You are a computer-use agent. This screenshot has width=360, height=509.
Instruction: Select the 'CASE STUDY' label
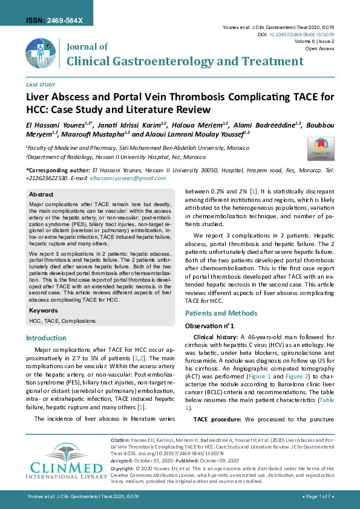pyautogui.click(x=41, y=85)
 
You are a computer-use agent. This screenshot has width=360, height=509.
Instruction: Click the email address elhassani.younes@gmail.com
pyautogui.click(x=124, y=179)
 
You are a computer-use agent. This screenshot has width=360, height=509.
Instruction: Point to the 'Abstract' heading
pyautogui.click(x=42, y=195)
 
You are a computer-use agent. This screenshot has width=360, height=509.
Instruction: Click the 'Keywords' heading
pyautogui.click(x=44, y=310)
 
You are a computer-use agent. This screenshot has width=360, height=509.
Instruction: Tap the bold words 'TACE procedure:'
pyautogui.click(x=218, y=419)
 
